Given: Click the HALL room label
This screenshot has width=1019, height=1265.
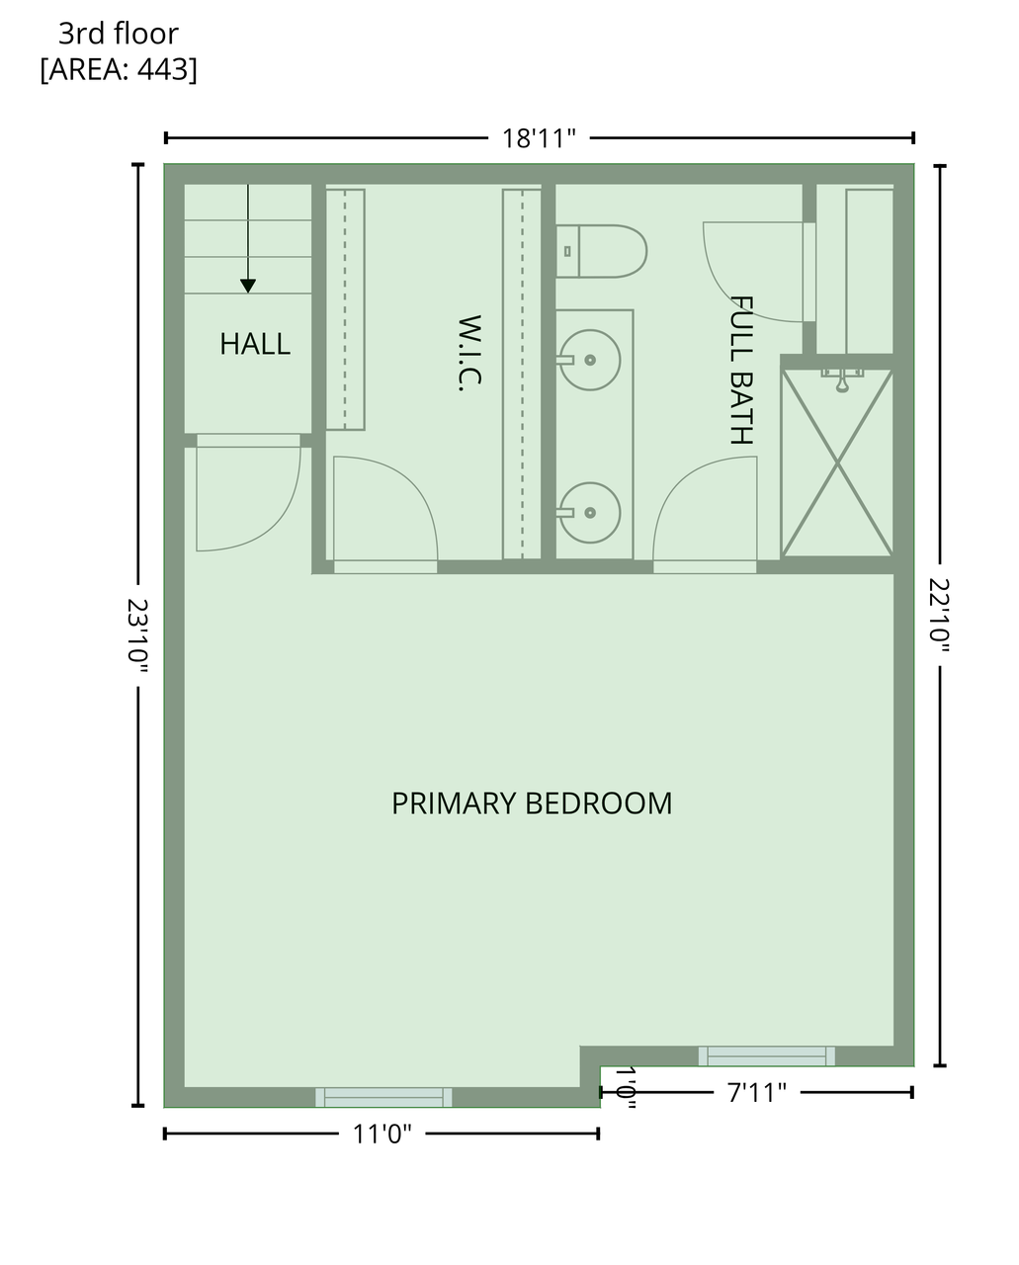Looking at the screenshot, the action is point(255,344).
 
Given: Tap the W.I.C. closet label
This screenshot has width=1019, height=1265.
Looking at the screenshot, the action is point(469,353).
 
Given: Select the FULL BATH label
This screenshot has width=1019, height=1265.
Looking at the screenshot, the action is point(741,370).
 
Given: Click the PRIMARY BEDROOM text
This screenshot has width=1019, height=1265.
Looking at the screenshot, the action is point(532,803).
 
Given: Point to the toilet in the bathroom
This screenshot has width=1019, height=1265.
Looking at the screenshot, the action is point(601,251).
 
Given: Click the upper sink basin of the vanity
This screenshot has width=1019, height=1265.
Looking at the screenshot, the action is point(589,360).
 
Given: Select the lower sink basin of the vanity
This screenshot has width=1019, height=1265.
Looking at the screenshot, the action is point(589,513).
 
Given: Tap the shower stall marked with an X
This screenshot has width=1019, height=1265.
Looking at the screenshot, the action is point(837,463).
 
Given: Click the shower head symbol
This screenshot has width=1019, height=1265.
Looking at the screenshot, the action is point(842,379).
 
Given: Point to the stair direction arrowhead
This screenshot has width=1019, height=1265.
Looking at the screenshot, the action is point(248,286).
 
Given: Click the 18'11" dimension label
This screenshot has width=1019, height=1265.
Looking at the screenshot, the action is point(538,138).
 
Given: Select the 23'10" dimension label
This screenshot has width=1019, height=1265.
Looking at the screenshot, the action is point(137,634).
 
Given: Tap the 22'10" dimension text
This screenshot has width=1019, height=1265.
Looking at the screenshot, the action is point(939,615).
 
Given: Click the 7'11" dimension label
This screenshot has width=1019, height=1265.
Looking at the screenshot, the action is point(757,1093).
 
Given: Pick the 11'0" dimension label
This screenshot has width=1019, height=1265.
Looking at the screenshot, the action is point(382,1134).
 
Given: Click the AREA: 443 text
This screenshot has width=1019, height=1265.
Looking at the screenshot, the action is point(119,69).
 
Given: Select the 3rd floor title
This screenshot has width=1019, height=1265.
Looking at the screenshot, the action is point(119,34).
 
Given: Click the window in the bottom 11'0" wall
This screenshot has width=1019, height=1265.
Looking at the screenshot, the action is point(383,1097).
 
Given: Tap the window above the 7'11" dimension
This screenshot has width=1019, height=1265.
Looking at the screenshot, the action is point(767,1055).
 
